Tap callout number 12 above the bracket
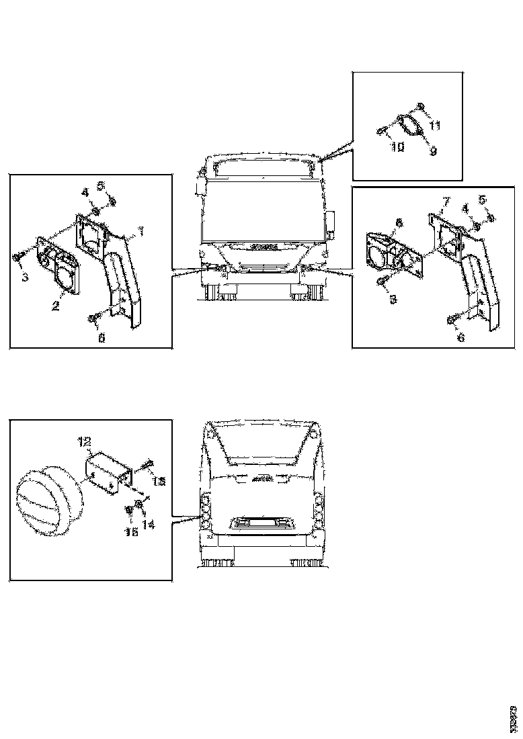click(x=84, y=441)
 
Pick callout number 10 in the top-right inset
click(x=397, y=146)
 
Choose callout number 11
click(x=435, y=126)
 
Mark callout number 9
click(x=433, y=152)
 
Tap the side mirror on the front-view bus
click(x=331, y=222)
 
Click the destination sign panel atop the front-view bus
click(x=262, y=169)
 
